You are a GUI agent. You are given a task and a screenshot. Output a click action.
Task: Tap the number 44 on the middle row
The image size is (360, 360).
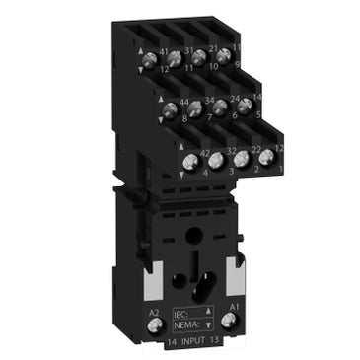click(183, 102)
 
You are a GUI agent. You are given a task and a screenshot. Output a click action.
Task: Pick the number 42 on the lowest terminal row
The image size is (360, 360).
click(205, 151)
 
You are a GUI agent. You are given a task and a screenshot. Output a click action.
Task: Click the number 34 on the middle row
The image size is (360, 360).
click(209, 100)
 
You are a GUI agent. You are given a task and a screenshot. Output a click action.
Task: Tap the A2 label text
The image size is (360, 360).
click(153, 311)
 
